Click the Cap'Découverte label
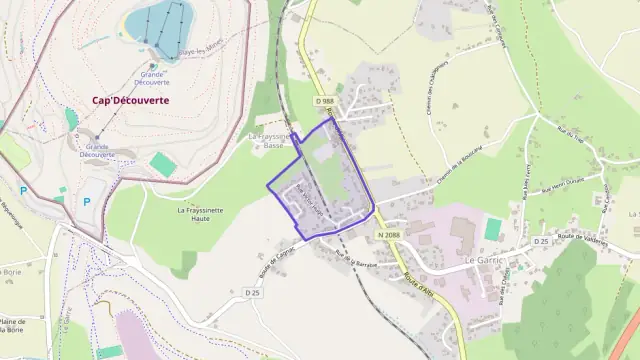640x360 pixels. [130, 100]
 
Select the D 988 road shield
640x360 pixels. [324, 101]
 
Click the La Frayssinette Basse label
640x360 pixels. [269, 140]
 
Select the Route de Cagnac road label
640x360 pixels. [279, 262]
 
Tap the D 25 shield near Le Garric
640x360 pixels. [540, 241]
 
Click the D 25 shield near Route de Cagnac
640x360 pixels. [252, 292]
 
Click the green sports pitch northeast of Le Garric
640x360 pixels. [493, 229]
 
